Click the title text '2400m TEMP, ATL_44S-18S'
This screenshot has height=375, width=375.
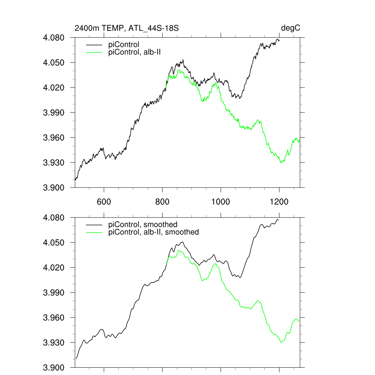pyautogui.click(x=126, y=28)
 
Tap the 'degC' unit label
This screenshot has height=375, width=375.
pyautogui.click(x=291, y=28)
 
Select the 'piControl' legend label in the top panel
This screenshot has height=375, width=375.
pyautogui.click(x=124, y=45)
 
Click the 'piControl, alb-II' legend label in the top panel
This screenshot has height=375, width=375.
pyautogui.click(x=135, y=52)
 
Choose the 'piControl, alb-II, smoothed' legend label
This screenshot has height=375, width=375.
pyautogui.click(x=154, y=232)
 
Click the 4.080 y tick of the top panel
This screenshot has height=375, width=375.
pyautogui.click(x=54, y=38)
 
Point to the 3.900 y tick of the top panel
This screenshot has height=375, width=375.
pyautogui.click(x=54, y=187)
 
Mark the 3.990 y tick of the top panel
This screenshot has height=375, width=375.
pyautogui.click(x=54, y=112)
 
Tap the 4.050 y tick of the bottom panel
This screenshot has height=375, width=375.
pyautogui.click(x=54, y=243)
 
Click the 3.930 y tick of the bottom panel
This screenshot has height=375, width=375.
pyautogui.click(x=54, y=343)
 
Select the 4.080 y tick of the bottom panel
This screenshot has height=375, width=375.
pyautogui.click(x=54, y=218)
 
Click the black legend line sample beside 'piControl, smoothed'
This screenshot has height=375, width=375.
pyautogui.click(x=93, y=224)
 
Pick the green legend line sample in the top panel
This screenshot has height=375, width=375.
pyautogui.click(x=93, y=52)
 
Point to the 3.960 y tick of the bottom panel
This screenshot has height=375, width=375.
pyautogui.click(x=54, y=318)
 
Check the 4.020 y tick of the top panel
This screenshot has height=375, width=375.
pyautogui.click(x=54, y=88)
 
